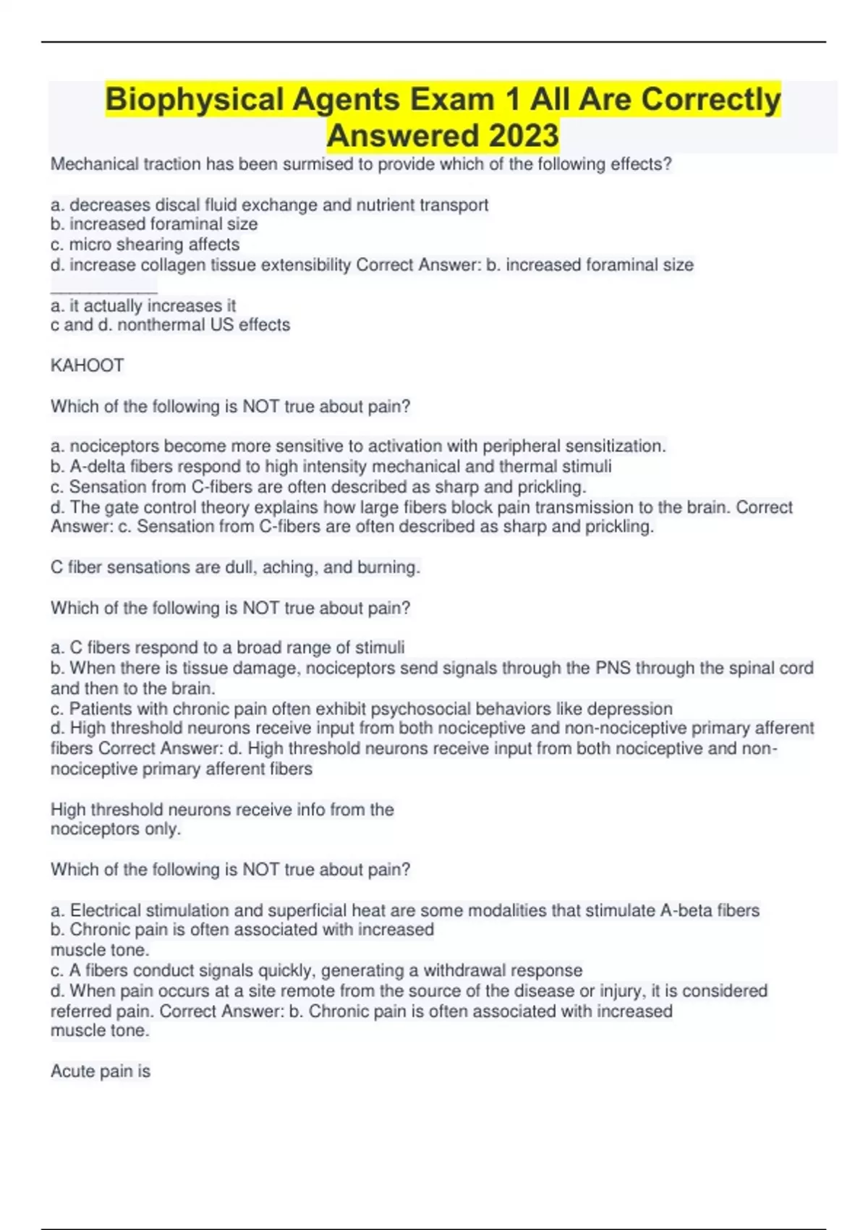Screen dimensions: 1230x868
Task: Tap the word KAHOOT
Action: (88, 365)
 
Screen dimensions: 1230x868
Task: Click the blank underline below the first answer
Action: (103, 290)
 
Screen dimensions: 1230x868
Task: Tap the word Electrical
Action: (106, 910)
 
